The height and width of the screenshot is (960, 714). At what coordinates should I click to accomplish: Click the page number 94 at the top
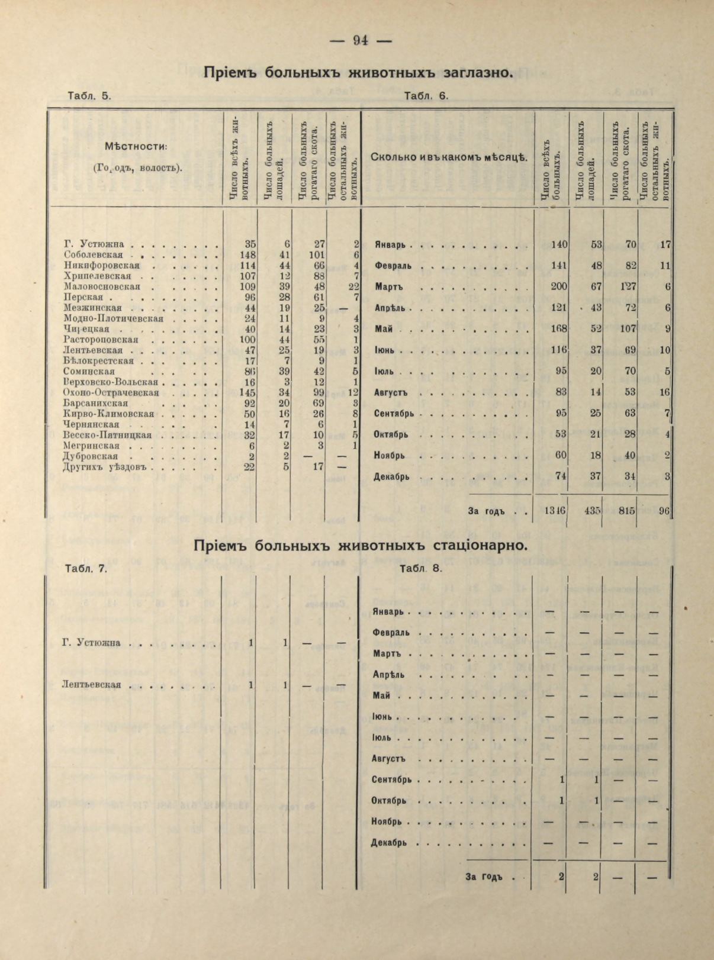361,40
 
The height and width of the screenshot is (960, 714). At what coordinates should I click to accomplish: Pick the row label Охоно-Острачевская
111,393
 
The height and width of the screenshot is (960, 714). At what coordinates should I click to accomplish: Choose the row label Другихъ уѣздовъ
107,467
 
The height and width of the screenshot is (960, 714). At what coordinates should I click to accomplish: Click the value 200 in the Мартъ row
558,287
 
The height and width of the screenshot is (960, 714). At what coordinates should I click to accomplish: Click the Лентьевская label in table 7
91,685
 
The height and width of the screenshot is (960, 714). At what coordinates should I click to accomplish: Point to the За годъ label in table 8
484,877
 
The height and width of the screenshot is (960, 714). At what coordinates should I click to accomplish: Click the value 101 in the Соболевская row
314,255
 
